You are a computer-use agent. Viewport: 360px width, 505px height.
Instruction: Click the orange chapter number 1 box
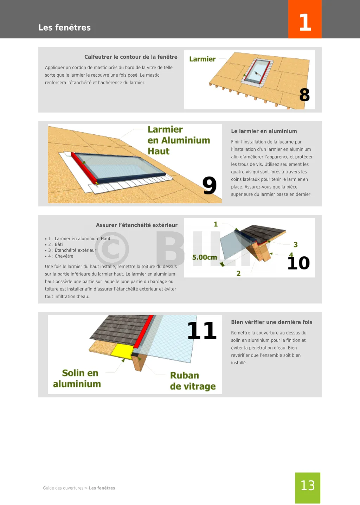click(305, 19)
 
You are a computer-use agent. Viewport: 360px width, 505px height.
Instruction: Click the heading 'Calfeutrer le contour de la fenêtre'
click(131, 57)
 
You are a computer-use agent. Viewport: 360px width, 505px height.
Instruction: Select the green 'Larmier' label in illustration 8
click(202, 59)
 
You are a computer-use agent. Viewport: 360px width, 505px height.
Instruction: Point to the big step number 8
click(304, 95)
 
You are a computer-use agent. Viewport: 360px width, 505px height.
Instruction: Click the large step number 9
click(210, 186)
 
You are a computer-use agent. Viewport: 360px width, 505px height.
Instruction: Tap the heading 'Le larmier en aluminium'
click(264, 131)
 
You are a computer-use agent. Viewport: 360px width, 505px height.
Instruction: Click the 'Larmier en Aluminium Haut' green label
click(179, 140)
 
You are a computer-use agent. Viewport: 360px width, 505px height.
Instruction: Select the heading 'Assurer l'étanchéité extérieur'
click(137, 225)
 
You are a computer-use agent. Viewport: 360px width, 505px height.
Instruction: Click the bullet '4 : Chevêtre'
click(59, 256)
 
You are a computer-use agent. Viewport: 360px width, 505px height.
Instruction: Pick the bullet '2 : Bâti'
click(54, 244)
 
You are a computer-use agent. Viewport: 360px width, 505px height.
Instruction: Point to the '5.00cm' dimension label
click(205, 257)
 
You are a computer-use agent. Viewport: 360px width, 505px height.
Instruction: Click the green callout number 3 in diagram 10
click(296, 245)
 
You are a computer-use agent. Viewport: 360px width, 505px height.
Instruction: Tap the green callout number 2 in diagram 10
click(238, 273)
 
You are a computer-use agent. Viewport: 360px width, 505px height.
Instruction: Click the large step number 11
click(202, 330)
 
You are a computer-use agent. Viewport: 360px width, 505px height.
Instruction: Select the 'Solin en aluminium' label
click(77, 378)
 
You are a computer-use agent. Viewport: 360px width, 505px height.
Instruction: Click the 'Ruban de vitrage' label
click(193, 381)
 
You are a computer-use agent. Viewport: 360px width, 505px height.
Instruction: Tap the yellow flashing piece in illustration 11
click(122, 351)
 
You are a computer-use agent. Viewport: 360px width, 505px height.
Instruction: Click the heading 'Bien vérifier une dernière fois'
click(272, 322)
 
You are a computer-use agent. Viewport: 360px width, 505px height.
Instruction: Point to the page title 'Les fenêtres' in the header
click(64, 27)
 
